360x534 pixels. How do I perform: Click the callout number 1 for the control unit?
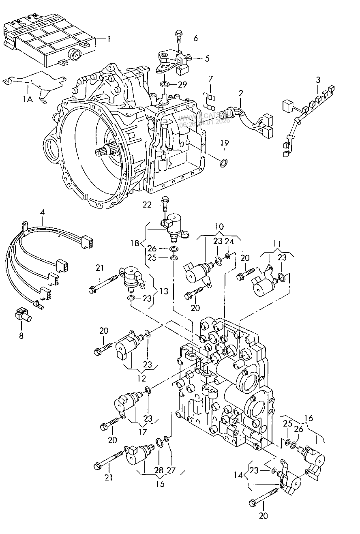point(109,39)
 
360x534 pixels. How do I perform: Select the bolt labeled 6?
point(179,38)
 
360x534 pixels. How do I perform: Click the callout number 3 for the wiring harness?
point(318,79)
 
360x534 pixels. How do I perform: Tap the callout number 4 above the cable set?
point(42,211)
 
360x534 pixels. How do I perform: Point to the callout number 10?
point(219,226)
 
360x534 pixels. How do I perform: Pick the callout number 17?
point(143,432)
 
